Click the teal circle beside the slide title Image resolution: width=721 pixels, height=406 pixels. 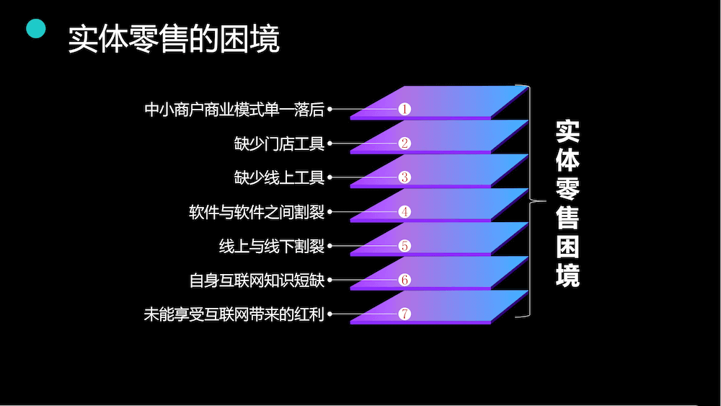coord(36,30)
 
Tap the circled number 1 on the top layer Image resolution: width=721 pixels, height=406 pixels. coord(404,110)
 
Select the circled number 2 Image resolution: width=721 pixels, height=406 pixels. coord(404,144)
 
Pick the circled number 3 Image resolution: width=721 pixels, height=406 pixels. coord(404,177)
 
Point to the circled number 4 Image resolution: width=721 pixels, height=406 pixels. coord(404,212)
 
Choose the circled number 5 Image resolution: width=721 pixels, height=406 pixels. coord(404,246)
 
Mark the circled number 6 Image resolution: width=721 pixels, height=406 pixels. coord(404,280)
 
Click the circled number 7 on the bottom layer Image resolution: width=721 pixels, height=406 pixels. coord(404,314)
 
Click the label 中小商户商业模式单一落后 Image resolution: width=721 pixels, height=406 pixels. coord(234,110)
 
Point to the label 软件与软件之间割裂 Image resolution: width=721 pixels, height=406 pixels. coord(257,212)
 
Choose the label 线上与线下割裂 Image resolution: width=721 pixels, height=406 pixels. coord(272,246)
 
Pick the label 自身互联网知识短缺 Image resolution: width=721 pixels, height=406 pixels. coord(257,280)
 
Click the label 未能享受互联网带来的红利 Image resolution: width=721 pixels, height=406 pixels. coord(234,314)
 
